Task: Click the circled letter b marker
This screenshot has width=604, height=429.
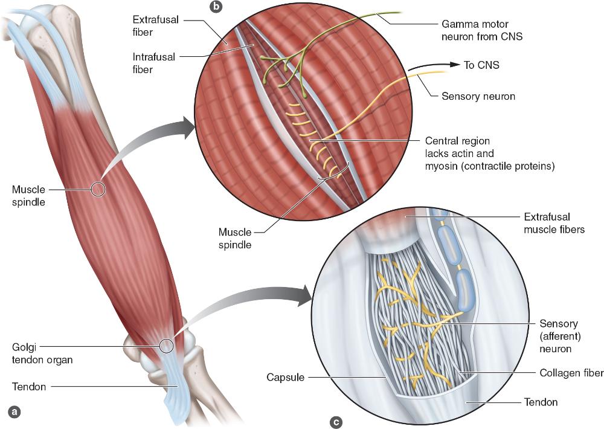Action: (x=215, y=7)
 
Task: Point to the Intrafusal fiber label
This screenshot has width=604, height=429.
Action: (x=154, y=63)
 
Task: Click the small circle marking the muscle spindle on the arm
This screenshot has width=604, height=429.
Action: (x=98, y=189)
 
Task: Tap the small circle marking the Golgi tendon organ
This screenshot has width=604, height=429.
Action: (x=167, y=346)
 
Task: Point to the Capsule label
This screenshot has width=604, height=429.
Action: (x=284, y=378)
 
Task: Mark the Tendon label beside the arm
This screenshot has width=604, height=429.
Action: (x=29, y=387)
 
